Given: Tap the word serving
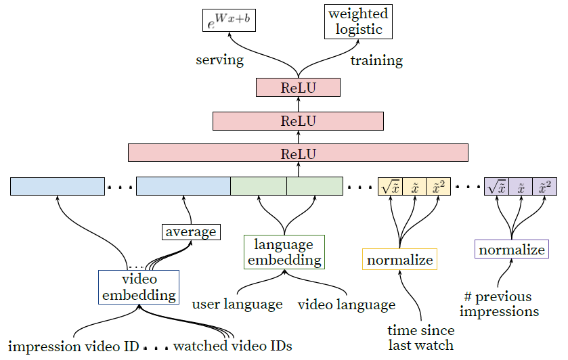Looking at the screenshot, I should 219,60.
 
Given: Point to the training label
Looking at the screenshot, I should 376,60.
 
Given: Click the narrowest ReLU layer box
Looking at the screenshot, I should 298,87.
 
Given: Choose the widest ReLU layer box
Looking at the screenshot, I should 298,152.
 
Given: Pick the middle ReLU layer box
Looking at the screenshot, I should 298,120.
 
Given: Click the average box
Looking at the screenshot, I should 191,232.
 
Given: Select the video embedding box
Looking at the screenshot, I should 139,287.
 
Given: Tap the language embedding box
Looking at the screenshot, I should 284,252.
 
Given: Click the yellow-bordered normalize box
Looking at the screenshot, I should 399,260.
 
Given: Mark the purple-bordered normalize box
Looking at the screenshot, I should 512,250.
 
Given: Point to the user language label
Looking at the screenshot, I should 238,304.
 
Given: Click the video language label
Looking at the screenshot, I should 347,305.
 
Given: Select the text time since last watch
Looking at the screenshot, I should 420,338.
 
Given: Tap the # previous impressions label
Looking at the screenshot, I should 499,304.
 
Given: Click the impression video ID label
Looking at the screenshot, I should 74,346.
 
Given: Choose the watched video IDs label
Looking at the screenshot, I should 232,346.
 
